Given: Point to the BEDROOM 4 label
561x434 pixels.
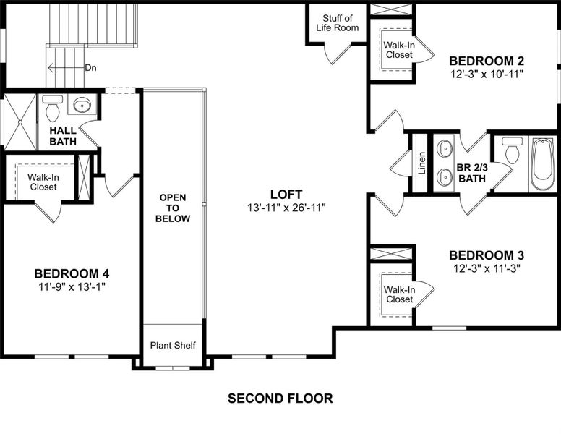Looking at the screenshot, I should coord(72,273).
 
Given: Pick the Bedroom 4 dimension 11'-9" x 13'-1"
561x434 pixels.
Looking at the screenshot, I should coord(72,286).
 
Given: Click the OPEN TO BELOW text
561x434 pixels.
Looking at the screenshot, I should coord(174,208).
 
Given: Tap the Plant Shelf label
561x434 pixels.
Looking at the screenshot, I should coord(173,345).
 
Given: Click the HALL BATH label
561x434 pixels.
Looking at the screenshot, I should coord(63,135).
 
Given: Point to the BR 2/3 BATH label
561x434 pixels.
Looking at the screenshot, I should coord(471,173).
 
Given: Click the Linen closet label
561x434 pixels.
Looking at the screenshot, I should coord(421,163).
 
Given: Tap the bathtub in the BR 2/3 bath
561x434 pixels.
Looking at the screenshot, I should coord(542,163).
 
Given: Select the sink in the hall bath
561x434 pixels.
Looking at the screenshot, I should coord(82,105).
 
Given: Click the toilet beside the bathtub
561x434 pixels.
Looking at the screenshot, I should coord(512,150).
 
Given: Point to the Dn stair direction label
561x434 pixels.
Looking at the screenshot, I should coord(90,68).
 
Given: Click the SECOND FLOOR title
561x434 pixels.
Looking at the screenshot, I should coord(280,398).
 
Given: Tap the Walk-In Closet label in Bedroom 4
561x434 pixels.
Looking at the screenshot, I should coord(43,182).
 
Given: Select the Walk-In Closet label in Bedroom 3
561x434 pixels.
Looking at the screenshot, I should coord(399,294).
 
